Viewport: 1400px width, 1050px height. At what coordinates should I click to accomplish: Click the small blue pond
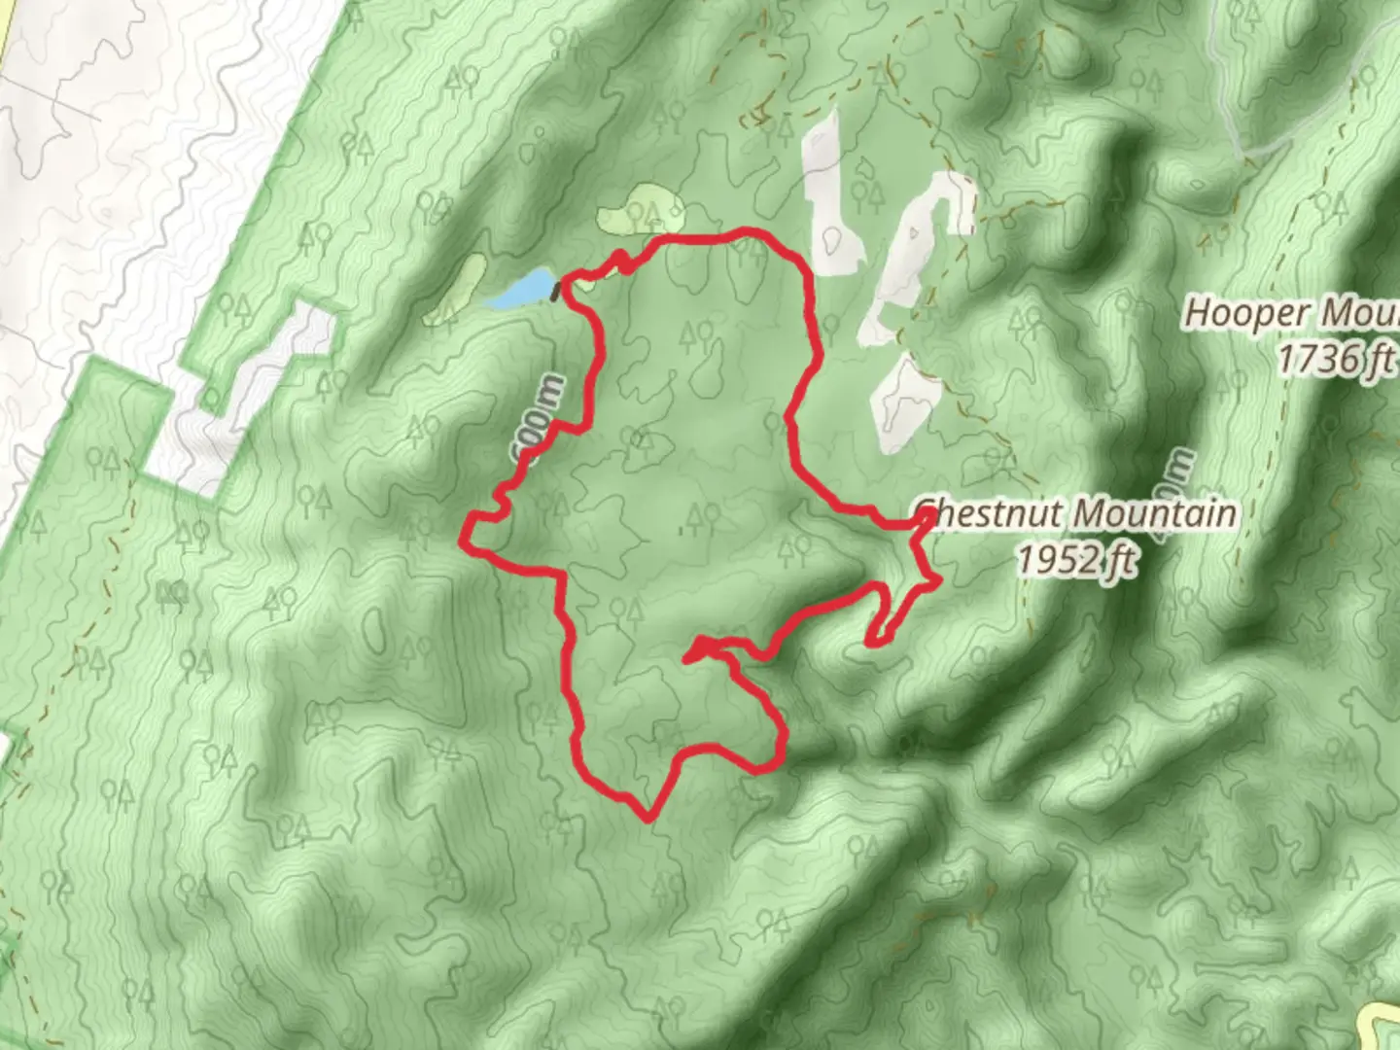(522, 290)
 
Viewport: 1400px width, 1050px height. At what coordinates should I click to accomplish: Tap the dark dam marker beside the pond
(556, 291)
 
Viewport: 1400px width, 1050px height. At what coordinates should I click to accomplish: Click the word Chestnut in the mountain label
(992, 513)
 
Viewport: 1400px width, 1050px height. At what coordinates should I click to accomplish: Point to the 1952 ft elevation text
(1076, 559)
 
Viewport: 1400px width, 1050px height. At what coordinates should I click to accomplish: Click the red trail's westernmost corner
(464, 535)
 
